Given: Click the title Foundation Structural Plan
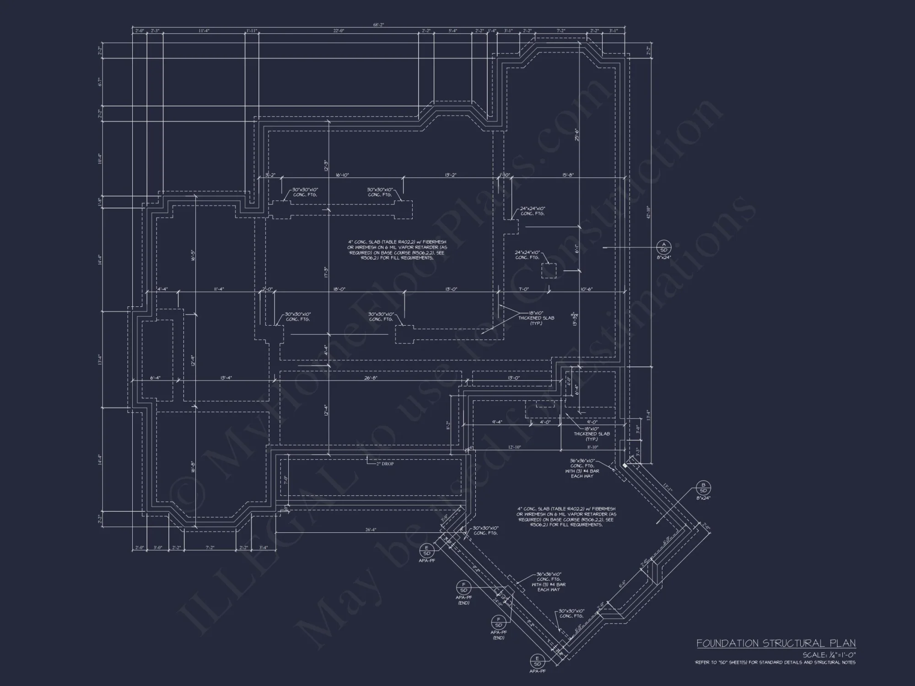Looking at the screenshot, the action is (775, 643).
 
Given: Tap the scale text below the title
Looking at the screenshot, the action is (829, 655).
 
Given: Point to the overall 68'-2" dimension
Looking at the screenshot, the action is (378, 25).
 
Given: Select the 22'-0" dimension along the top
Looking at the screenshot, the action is (338, 31).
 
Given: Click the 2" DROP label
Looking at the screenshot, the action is (384, 464).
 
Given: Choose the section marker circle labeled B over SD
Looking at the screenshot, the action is (703, 488).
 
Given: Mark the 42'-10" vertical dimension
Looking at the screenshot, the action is (648, 212).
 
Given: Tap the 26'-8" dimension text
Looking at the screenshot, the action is (371, 378).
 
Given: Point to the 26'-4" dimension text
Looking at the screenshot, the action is (371, 530).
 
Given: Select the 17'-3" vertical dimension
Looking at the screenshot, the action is (326, 272).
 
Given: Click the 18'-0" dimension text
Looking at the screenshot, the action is (339, 289).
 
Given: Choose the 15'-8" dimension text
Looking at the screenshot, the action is (568, 175).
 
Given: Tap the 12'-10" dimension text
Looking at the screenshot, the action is (514, 447).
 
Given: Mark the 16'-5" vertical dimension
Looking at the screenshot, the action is (194, 255).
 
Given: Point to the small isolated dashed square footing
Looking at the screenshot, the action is (549, 271).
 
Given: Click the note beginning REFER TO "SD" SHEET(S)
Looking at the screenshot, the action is (775, 662).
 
